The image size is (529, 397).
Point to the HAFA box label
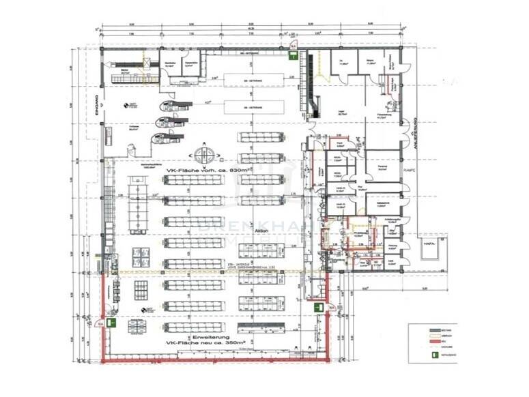point(430,244)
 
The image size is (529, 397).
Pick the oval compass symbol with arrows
point(204,151)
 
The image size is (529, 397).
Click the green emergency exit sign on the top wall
point(292,57)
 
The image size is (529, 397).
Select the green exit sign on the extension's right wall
point(317,308)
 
